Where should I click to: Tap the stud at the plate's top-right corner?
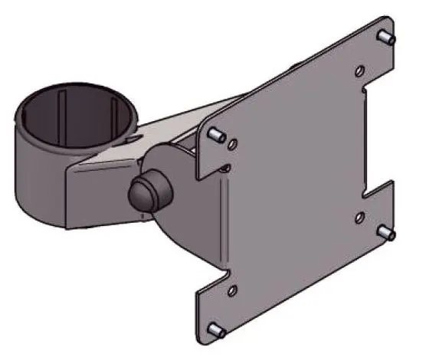tap(388, 38)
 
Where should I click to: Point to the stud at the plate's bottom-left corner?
tap(217, 330)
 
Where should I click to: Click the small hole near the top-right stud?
tap(361, 70)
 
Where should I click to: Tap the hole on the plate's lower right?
tap(361, 218)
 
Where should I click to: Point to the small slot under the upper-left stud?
tap(227, 166)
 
